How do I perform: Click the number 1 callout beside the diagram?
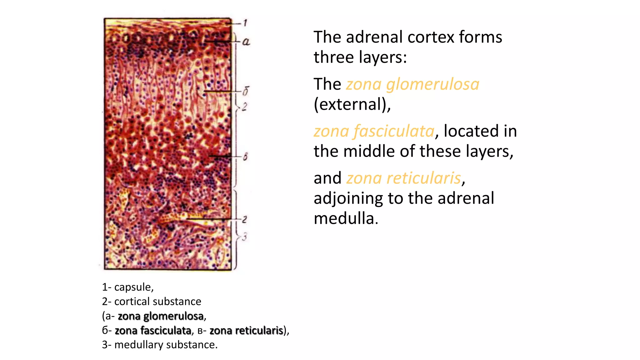point(245,23)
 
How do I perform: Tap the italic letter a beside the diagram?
point(246,42)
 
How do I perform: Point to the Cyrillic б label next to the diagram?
point(246,91)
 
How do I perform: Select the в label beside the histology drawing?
point(245,156)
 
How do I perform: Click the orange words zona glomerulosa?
point(412,84)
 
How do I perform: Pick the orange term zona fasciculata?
point(374,131)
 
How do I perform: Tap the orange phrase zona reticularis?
point(403,178)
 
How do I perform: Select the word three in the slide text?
point(334,57)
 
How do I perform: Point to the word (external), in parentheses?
point(352,104)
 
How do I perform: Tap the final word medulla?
point(346,218)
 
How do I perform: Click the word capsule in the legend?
point(133,287)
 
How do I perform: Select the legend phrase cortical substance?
point(157,301)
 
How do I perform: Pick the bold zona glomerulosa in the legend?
point(161,316)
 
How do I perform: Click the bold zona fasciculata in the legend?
point(153,330)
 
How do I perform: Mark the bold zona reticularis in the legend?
point(246,330)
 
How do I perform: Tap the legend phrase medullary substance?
point(166,345)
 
